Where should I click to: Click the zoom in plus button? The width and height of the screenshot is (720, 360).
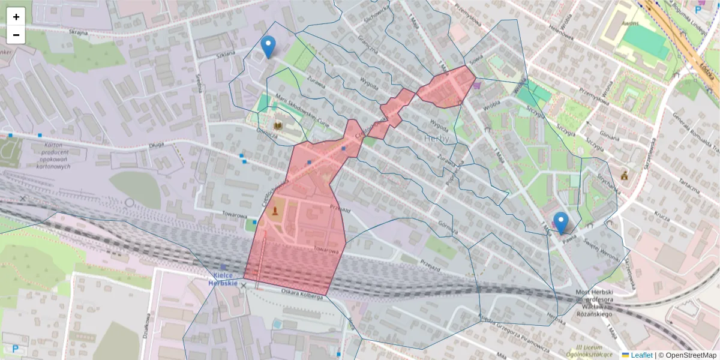click(x=16, y=17)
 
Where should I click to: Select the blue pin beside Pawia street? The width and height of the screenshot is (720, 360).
click(x=561, y=223)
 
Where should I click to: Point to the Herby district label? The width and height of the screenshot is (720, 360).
click(x=436, y=139)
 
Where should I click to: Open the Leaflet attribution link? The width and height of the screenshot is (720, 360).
click(x=641, y=355)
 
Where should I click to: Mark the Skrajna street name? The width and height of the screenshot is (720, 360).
click(x=78, y=31)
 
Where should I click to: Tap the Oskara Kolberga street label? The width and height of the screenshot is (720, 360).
click(x=301, y=292)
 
